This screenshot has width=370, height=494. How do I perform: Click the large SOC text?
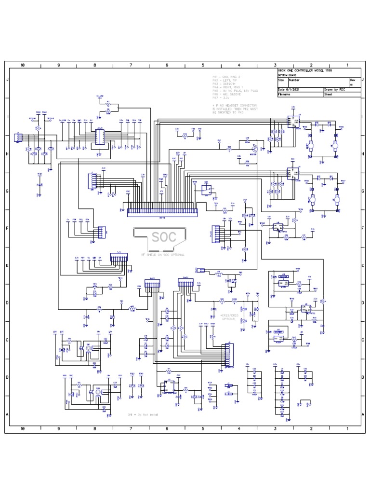coord(161,238)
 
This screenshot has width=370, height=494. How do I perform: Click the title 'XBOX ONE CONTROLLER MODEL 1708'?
coord(304,71)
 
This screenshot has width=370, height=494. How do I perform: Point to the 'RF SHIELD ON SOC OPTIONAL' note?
coord(162,254)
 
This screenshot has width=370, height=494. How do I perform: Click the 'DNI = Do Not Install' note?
coord(143,415)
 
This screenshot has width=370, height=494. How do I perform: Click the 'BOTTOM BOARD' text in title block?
coord(286,76)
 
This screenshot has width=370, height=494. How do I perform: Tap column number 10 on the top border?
coord(23,65)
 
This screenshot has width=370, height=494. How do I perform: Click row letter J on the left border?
coord(8,79)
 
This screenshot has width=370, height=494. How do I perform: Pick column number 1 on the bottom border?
coord(347,428)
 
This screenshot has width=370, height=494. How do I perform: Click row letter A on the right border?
coord(363,414)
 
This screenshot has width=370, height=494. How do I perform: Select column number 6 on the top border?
coord(167,65)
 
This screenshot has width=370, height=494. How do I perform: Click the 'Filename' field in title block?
coord(284,95)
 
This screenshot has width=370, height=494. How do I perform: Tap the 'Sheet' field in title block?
coord(329,95)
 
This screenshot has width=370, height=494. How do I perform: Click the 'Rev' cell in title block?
coord(352,80)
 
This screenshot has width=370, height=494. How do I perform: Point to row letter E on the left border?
coord(8,265)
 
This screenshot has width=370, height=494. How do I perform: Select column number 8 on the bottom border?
coord(94,428)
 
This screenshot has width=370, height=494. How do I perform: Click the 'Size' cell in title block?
coord(281,80)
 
